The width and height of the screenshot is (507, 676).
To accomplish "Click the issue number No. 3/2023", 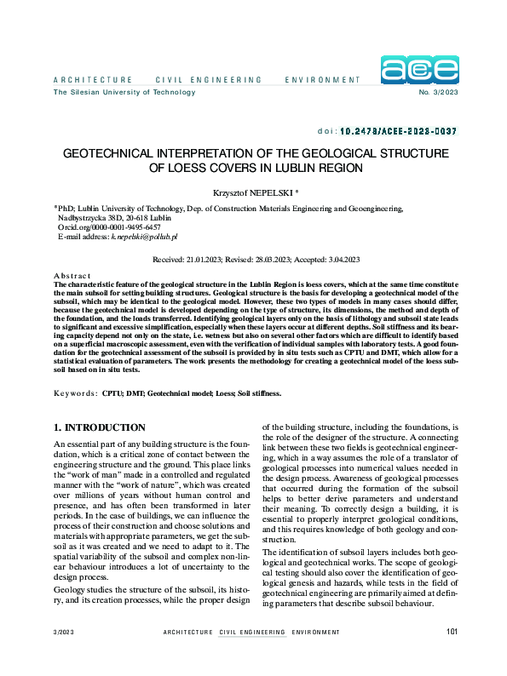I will (x=439, y=92).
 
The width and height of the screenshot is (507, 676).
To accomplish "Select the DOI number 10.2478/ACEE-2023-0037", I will (x=398, y=132).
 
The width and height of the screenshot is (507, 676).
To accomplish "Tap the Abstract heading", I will (x=71, y=277).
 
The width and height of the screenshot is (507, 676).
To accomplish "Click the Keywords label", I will (x=74, y=394).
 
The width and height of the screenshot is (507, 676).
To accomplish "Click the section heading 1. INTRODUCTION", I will (x=100, y=427).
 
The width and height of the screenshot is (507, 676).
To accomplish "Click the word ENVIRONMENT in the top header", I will (x=324, y=80).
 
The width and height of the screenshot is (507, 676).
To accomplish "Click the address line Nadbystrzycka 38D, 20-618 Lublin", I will (x=113, y=218).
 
